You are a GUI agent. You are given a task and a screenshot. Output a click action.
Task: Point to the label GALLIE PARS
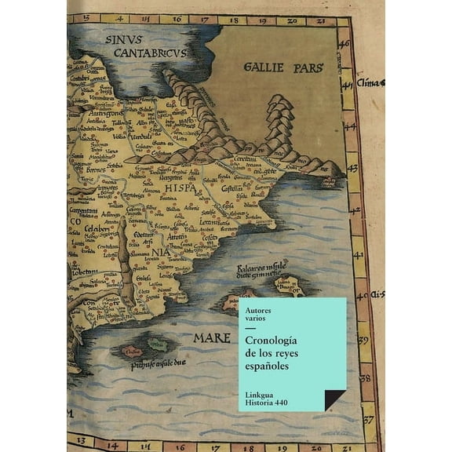pyautogui.click(x=283, y=67)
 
